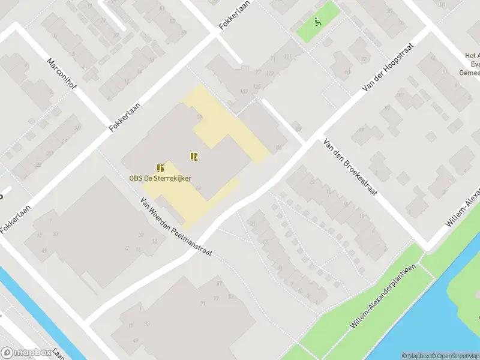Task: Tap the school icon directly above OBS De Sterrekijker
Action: [160, 168]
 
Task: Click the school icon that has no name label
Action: [194, 157]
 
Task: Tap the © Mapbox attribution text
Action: [415, 356]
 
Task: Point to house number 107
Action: [244, 92]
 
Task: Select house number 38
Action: [142, 235]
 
